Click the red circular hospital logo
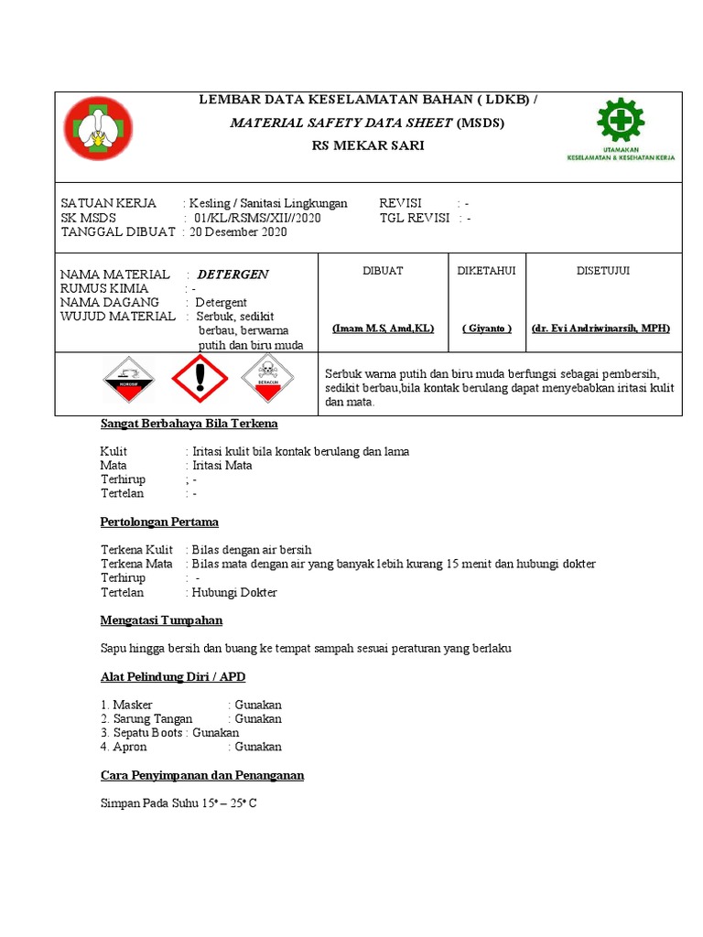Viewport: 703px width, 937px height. [98, 130]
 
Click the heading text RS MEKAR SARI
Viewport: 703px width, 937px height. [369, 145]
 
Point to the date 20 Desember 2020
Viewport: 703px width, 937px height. [238, 232]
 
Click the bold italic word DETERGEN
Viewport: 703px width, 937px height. [233, 275]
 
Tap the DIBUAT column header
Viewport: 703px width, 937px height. [383, 271]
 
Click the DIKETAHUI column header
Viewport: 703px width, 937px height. [486, 271]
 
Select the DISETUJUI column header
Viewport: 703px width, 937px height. [602, 271]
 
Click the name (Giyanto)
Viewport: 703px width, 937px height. [486, 328]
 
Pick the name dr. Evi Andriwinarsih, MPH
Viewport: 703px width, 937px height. [601, 328]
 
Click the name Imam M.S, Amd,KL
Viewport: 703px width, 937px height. [383, 328]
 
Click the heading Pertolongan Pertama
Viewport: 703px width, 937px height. [159, 522]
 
